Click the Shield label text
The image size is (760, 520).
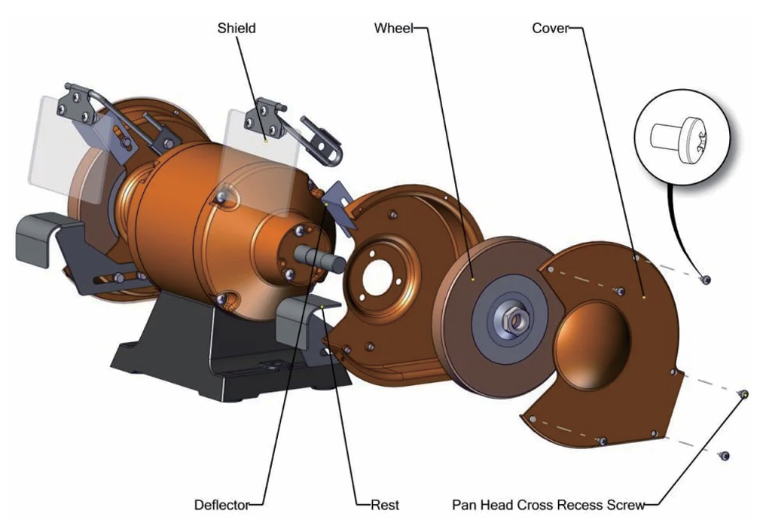coord(237,29)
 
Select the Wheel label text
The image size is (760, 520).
coord(393,29)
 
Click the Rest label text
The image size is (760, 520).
coord(385,504)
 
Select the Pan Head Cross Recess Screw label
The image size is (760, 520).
coord(548,504)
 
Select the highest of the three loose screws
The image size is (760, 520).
coord(705,280)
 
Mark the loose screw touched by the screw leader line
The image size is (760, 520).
coord(743,393)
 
